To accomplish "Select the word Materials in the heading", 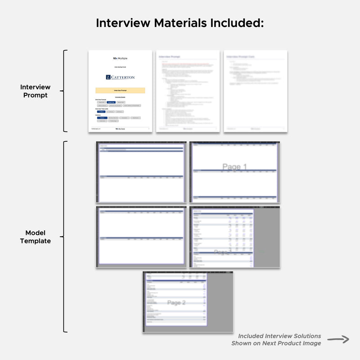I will pyautogui.click(x=180, y=23).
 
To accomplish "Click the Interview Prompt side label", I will pyautogui.click(x=35, y=91).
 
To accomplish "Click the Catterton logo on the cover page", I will pyautogui.click(x=120, y=77).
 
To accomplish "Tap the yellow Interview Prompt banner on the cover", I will pyautogui.click(x=120, y=90).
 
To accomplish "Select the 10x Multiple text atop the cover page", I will pyautogui.click(x=120, y=58).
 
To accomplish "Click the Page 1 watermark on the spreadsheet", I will pyautogui.click(x=234, y=167).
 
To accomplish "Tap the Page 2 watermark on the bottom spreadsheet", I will pyautogui.click(x=176, y=303).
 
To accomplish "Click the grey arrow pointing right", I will pyautogui.click(x=338, y=339).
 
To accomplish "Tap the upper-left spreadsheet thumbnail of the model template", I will pyautogui.click(x=141, y=172).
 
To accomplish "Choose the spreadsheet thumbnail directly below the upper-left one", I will pyautogui.click(x=141, y=236).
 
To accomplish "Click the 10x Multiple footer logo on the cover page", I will pyautogui.click(x=120, y=129).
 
